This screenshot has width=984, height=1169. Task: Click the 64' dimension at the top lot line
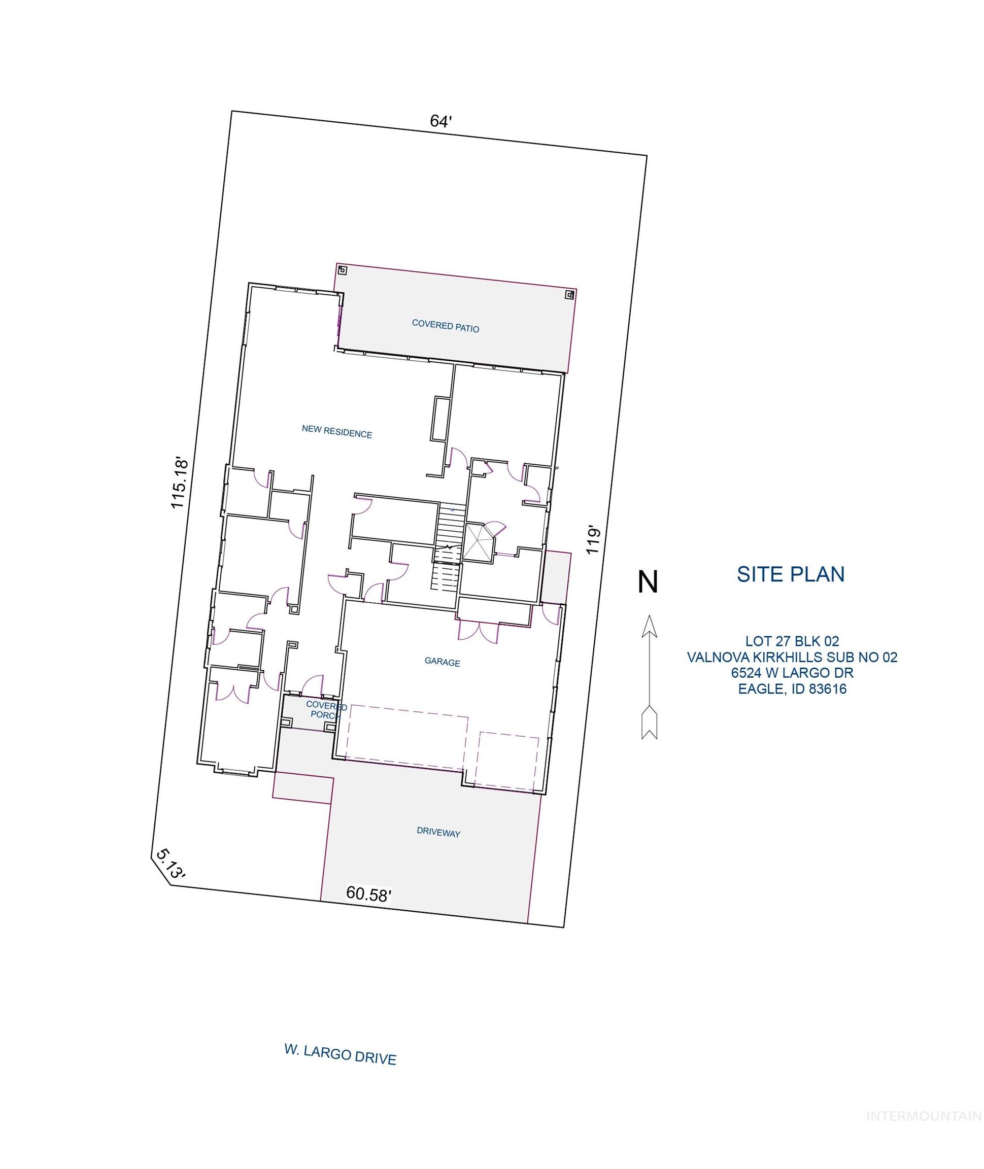point(440,121)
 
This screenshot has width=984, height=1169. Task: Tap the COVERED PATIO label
point(445,326)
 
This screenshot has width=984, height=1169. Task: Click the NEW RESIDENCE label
point(337,432)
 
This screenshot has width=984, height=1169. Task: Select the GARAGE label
point(443,662)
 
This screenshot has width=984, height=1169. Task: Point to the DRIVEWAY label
point(438,832)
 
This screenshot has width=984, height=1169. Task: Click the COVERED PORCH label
point(326,710)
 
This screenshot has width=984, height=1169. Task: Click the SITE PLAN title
point(791,574)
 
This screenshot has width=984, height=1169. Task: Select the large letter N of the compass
point(648,582)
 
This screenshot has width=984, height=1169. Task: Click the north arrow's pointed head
point(649,626)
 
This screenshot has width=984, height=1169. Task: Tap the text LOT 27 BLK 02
point(792,641)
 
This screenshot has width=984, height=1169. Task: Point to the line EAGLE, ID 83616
point(792,689)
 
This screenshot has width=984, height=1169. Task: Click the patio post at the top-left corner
point(343,270)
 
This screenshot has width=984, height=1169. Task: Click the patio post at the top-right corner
point(569,294)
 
